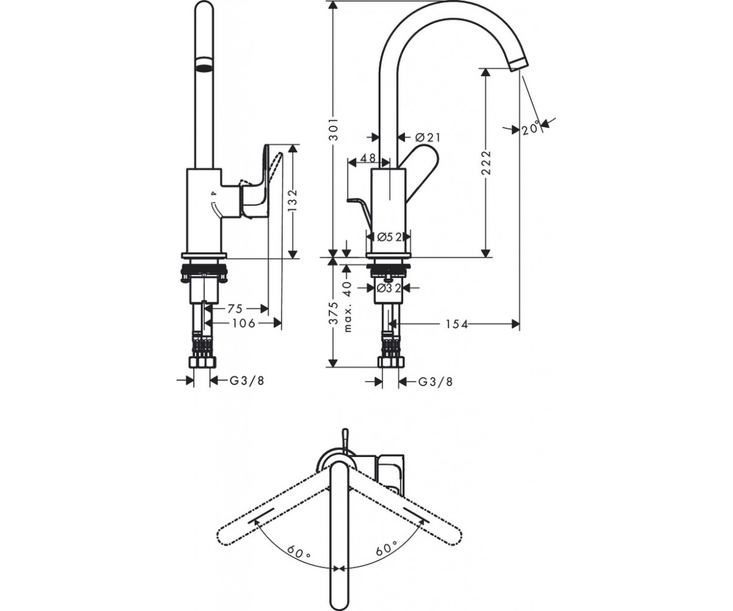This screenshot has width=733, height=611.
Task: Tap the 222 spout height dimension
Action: tap(486, 163)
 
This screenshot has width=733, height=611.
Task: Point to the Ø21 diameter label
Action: tap(427, 137)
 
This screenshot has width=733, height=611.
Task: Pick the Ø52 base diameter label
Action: tap(389, 238)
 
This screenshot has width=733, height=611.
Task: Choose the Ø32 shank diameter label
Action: tap(389, 288)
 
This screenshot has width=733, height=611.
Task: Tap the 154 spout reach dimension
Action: tap(457, 324)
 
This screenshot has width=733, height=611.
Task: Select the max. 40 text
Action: tap(348, 306)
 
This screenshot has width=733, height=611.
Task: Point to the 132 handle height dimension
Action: tap(293, 200)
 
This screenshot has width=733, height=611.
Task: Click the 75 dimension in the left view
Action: tap(235, 309)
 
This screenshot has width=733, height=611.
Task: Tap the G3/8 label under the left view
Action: tap(247, 381)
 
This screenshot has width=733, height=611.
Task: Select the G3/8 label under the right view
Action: tap(436, 381)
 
